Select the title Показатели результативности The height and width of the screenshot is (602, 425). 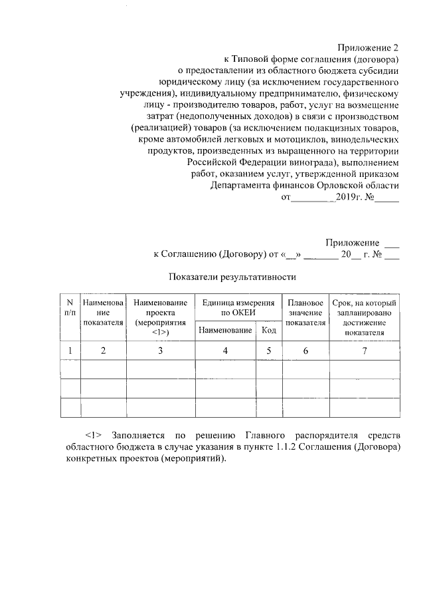(x=232, y=276)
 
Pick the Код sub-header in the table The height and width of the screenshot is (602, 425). (x=268, y=330)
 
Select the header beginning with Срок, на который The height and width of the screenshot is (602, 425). (x=364, y=317)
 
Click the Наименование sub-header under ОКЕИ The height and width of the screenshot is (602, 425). (x=225, y=330)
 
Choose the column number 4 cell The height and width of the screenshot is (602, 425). (x=225, y=351)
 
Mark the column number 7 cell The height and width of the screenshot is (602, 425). (x=364, y=351)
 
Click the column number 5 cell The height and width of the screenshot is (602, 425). (x=268, y=351)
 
